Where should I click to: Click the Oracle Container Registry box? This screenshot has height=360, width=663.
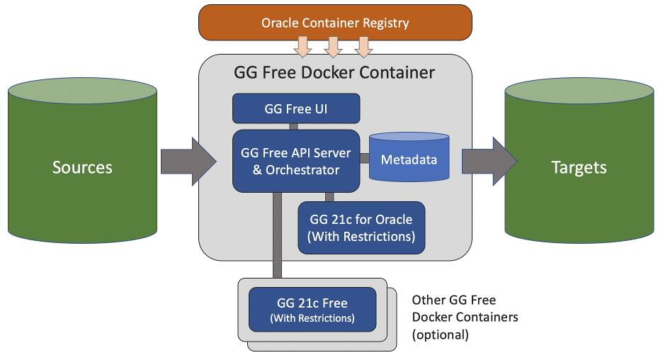tap(334, 22)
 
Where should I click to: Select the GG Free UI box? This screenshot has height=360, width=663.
tap(296, 109)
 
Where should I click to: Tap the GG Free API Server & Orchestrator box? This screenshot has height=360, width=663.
tap(295, 160)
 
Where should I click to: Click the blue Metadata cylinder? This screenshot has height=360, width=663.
tap(409, 159)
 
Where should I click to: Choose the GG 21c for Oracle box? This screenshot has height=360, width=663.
tap(361, 227)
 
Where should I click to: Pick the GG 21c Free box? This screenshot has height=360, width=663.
tap(312, 310)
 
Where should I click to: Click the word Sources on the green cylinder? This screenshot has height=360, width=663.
tap(82, 167)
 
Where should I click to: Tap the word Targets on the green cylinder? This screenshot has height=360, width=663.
tap(579, 167)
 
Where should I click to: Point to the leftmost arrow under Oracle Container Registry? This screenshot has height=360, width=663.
tap(304, 47)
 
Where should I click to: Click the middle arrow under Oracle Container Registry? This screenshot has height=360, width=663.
tap(334, 47)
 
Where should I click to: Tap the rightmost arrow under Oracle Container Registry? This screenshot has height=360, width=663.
tap(363, 47)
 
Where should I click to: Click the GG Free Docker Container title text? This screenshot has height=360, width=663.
tap(334, 72)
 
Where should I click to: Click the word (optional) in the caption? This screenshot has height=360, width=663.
tap(440, 334)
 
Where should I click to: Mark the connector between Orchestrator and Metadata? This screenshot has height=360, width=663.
tap(365, 158)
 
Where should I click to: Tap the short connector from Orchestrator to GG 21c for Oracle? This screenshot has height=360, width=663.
tap(329, 196)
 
